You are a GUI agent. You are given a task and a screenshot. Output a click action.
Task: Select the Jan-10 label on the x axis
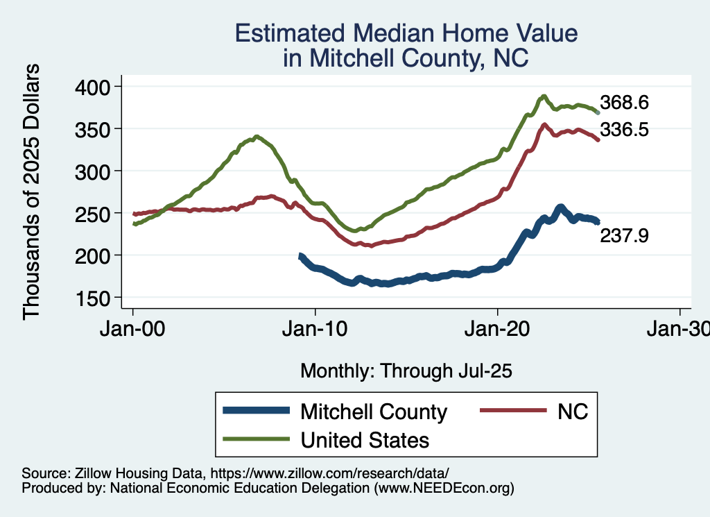(315, 328)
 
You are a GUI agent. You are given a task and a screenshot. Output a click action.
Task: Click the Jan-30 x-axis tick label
(679, 328)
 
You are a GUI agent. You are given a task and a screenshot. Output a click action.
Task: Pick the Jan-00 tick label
(133, 328)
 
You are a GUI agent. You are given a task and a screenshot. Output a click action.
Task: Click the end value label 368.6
(624, 103)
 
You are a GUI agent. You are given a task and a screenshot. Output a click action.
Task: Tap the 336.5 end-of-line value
(624, 129)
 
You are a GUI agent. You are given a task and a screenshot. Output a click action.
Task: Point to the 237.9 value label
(624, 237)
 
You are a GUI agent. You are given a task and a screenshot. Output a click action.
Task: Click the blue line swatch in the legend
(256, 412)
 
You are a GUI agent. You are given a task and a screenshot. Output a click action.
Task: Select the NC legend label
(572, 412)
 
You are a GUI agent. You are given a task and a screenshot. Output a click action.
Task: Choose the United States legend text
(365, 440)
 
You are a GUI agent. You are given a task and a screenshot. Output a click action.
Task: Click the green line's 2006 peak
(257, 137)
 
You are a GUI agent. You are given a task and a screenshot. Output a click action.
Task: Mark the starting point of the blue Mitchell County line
(300, 256)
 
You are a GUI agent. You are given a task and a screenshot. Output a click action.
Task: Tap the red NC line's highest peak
(544, 125)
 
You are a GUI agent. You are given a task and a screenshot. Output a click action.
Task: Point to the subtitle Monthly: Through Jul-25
(406, 371)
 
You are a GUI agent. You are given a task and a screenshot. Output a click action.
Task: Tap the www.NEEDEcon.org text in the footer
(444, 489)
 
